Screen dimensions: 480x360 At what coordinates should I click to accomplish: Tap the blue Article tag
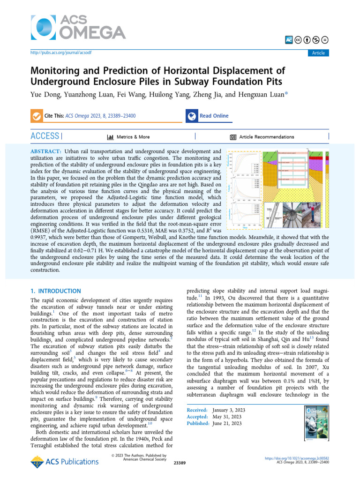(x=318, y=53)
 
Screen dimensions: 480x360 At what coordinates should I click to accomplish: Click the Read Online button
(x=214, y=116)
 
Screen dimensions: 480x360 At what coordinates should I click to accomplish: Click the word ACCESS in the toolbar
(x=45, y=136)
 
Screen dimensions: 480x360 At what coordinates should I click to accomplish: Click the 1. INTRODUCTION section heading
(x=56, y=291)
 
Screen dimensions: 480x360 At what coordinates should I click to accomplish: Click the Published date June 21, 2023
(x=227, y=423)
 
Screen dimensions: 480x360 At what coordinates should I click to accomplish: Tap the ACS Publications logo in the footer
(x=65, y=461)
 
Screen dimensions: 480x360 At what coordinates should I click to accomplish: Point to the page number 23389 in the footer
(x=180, y=463)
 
